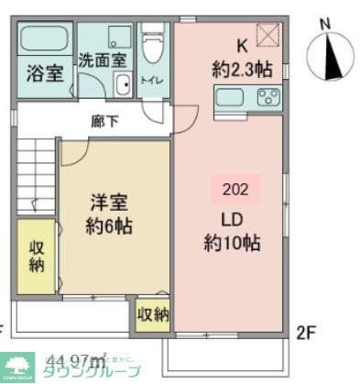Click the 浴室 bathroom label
[x=44, y=72]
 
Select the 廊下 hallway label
[x=103, y=119]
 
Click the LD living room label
[x=232, y=220]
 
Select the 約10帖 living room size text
[x=232, y=243]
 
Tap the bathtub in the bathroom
[x=44, y=38]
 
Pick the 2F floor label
[x=306, y=330]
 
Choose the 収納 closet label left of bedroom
[x=37, y=258]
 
